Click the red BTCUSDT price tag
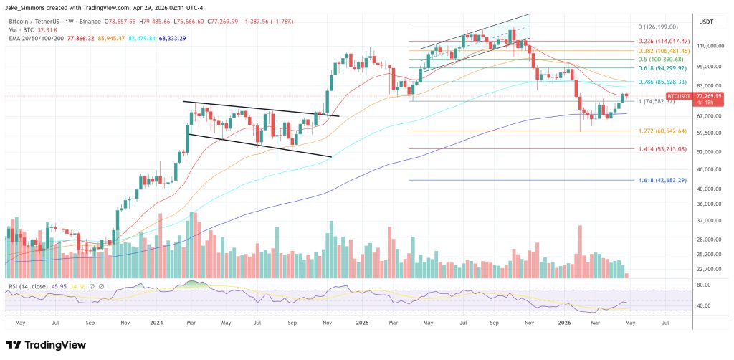coord(679,95)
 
